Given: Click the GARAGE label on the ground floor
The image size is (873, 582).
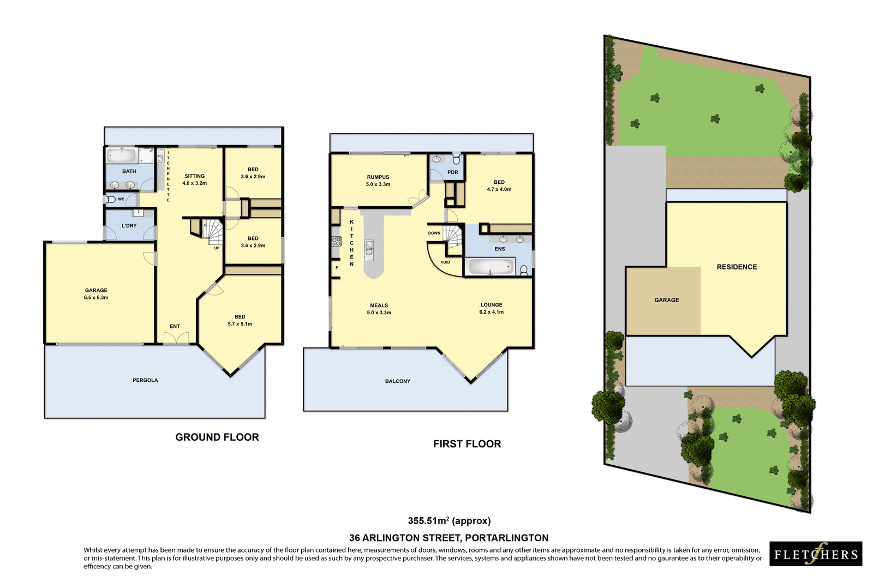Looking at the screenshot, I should (x=96, y=290).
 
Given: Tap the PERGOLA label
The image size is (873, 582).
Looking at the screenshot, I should (x=145, y=380).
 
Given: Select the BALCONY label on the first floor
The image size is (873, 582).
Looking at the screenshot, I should (x=397, y=381).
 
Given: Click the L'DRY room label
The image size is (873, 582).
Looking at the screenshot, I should (x=129, y=225).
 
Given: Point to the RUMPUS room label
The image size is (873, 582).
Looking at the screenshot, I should (x=378, y=177).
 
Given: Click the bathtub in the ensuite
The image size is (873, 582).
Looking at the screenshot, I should (x=491, y=267).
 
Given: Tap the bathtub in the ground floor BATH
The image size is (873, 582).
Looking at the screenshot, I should (x=121, y=155).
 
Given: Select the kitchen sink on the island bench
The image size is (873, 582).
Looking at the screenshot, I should (x=369, y=248).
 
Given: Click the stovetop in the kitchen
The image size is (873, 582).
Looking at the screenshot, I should (x=336, y=241).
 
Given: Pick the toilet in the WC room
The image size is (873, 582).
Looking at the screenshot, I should (x=111, y=200).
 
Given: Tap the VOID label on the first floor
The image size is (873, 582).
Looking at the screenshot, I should (x=445, y=262).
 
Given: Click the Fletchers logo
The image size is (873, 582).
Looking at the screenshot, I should (x=816, y=554).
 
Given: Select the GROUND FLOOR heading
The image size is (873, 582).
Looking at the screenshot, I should (x=217, y=437).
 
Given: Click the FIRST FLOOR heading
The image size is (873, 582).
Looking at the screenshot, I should (x=467, y=444).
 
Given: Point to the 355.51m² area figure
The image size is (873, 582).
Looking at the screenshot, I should (x=449, y=521).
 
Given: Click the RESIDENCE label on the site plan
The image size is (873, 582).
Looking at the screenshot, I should (x=737, y=267).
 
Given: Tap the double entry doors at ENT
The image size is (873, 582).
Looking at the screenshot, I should (x=176, y=338).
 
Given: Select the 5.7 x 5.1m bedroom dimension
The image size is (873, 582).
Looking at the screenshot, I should (x=240, y=324).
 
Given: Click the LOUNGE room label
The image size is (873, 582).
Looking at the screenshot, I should (x=491, y=305).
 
